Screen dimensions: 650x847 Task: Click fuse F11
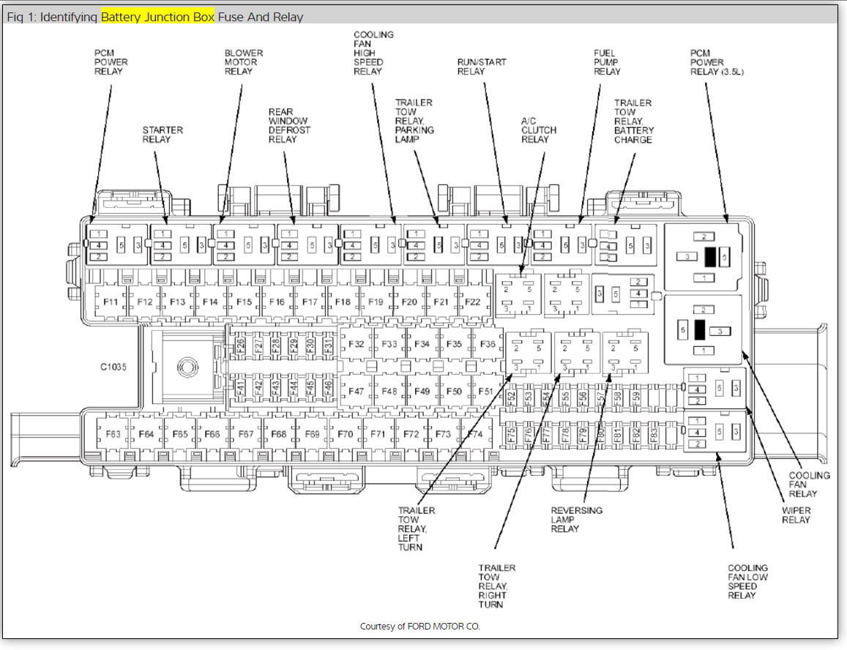coord(111,302)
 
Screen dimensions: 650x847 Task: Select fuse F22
coord(473,302)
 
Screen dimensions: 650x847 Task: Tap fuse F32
coord(356,344)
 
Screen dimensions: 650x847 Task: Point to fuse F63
coord(113,434)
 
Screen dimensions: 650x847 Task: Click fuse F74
coord(475,434)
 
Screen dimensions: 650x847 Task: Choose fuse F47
coord(356,392)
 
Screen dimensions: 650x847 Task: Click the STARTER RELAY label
coord(162,135)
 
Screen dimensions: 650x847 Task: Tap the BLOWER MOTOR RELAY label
coord(243,62)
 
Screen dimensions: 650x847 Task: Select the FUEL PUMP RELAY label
coord(607,62)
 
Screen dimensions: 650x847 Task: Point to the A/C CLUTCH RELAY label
coord(538,130)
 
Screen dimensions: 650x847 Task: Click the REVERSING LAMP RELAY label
coord(576,519)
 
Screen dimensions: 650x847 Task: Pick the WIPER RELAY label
coord(796,515)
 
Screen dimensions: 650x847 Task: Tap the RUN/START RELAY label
coord(482,67)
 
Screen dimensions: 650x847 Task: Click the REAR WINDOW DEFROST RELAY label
coord(289,125)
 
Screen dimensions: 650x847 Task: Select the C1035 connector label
coord(113,367)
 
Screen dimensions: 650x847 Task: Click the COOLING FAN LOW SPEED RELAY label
coord(747,581)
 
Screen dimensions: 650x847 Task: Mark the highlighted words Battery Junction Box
coord(157,17)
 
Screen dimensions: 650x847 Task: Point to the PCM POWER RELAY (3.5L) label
coord(717,62)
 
